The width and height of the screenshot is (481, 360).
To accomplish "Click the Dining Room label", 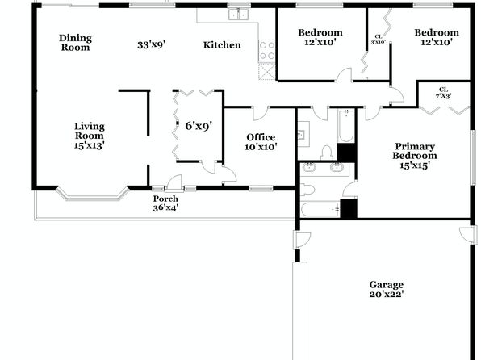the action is point(76,43).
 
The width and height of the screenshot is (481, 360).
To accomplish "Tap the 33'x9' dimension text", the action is point(152,45).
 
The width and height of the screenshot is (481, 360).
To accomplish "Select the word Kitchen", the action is point(222,45).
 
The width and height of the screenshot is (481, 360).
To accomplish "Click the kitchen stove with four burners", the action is point(267,51).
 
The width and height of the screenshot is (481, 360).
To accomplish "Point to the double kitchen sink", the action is point(239,14).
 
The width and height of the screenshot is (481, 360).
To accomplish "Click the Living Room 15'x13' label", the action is point(90,136).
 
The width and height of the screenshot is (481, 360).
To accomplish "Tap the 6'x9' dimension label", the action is point(199,126).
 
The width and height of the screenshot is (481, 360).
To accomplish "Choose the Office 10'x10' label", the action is point(261,142).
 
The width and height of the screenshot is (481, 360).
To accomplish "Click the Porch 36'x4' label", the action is point(165,203).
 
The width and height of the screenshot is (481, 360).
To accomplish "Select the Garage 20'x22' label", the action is point(387,290).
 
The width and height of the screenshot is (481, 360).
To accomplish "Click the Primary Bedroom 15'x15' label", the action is point(415,156).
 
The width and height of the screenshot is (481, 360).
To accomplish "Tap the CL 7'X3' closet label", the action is point(444,92).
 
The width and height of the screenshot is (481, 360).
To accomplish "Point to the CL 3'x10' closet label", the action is point(379,40).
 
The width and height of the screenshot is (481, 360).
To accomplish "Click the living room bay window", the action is point(92,196).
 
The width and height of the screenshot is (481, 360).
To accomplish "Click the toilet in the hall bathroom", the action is point(327,153).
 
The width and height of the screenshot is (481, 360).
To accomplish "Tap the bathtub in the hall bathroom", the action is point(346,126).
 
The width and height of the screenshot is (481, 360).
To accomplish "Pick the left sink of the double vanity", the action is point(309,168).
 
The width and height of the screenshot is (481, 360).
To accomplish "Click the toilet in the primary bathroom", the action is point(307,190).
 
